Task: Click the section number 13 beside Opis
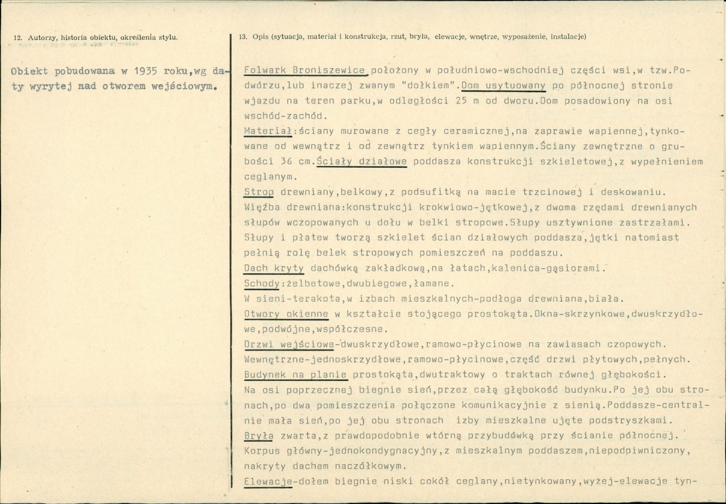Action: click(242, 38)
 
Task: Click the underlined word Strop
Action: click(259, 192)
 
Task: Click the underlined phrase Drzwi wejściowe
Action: click(288, 345)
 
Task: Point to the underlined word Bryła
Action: click(258, 436)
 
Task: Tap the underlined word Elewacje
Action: click(268, 482)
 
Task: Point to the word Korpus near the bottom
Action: click(261, 452)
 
